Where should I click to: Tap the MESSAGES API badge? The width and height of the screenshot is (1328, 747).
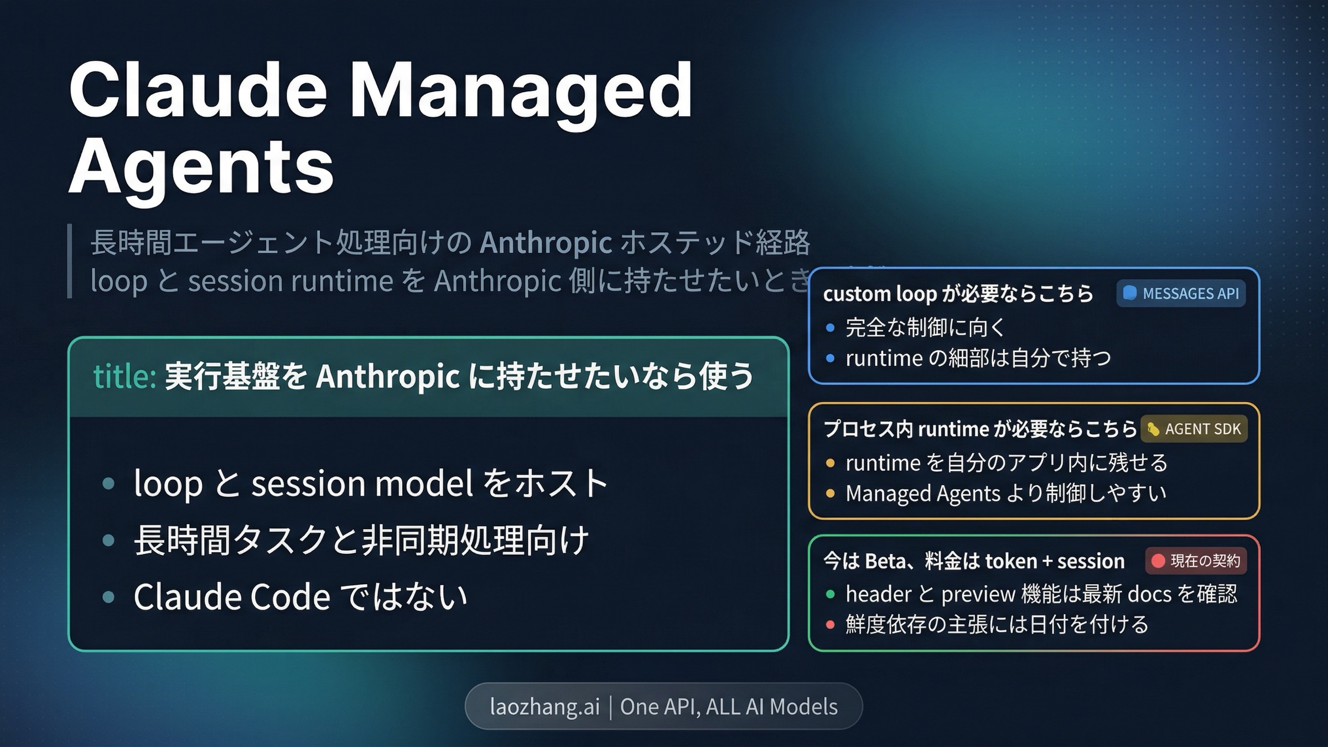point(1181,293)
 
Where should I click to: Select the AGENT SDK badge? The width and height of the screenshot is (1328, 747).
point(1194,429)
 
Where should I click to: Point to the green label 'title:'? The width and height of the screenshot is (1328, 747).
point(124,376)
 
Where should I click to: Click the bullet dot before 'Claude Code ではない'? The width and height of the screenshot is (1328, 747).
point(108,596)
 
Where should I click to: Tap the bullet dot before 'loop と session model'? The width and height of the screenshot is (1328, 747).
point(108,483)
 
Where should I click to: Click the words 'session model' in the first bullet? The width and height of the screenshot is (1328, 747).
point(363,483)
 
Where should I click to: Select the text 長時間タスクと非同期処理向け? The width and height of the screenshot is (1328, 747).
point(361,540)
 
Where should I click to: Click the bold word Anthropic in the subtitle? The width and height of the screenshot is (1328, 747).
point(546,242)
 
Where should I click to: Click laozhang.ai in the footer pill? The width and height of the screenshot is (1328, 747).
point(544,707)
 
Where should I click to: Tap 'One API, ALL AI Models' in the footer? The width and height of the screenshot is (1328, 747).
point(728,707)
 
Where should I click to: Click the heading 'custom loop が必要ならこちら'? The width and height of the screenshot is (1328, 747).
point(957,293)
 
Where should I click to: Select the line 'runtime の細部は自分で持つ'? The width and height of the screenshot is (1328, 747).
point(978,358)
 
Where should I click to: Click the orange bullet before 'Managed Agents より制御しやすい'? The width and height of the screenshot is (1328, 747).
point(830,493)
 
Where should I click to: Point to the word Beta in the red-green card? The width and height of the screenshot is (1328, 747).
point(885,561)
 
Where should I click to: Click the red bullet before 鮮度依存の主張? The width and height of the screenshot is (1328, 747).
point(830,625)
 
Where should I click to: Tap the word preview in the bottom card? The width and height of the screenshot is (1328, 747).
point(978,594)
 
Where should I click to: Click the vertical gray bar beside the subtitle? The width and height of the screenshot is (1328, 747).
point(70,261)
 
